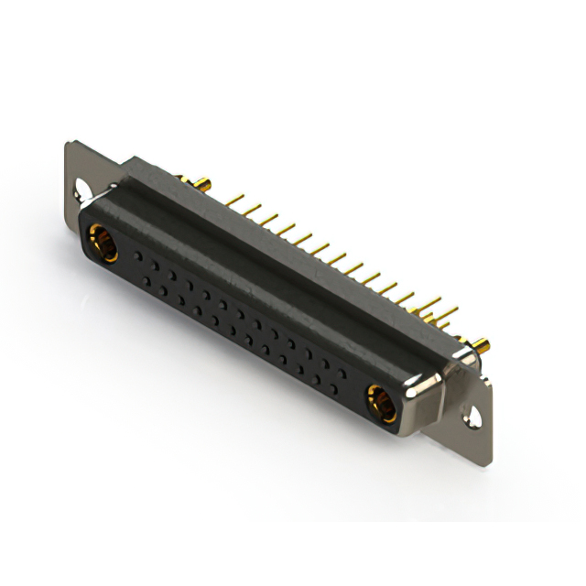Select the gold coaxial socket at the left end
(x=101, y=243)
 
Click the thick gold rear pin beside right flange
(x=478, y=345)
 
